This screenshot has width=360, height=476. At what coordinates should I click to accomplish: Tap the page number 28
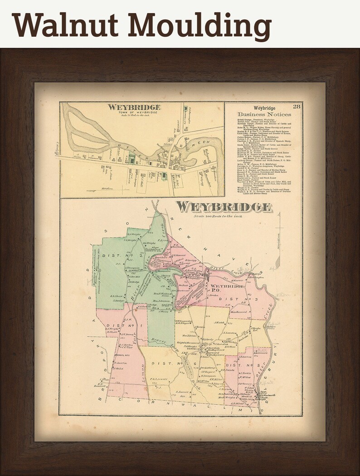click(297, 107)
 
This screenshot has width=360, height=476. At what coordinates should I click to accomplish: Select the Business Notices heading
click(264, 114)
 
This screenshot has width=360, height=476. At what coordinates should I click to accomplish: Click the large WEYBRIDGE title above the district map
click(224, 207)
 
